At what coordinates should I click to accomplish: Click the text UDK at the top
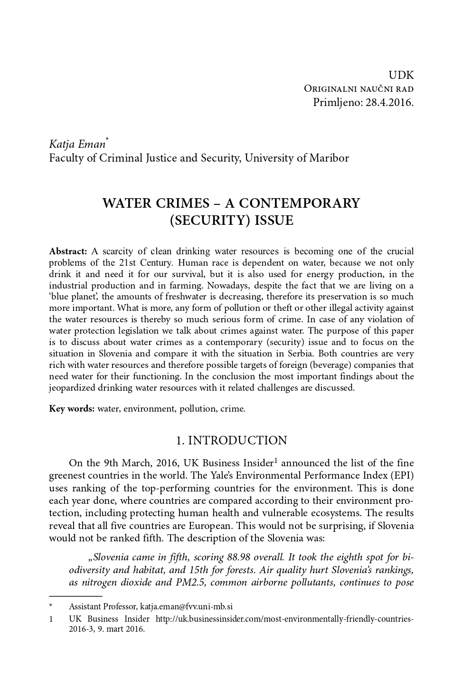pyautogui.click(x=401, y=75)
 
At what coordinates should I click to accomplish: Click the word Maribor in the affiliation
pyautogui.click(x=330, y=158)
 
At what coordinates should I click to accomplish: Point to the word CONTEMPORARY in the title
pyautogui.click(x=299, y=203)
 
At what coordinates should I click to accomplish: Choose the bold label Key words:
pyautogui.click(x=72, y=409)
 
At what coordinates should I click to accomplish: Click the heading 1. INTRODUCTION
pyautogui.click(x=231, y=441)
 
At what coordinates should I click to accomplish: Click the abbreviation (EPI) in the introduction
pyautogui.click(x=402, y=475)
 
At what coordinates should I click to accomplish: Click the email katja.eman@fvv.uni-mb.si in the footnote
pyautogui.click(x=186, y=607)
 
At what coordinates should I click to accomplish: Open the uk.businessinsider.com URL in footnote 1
pyautogui.click(x=284, y=619)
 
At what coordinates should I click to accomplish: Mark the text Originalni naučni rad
pyautogui.click(x=359, y=89)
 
